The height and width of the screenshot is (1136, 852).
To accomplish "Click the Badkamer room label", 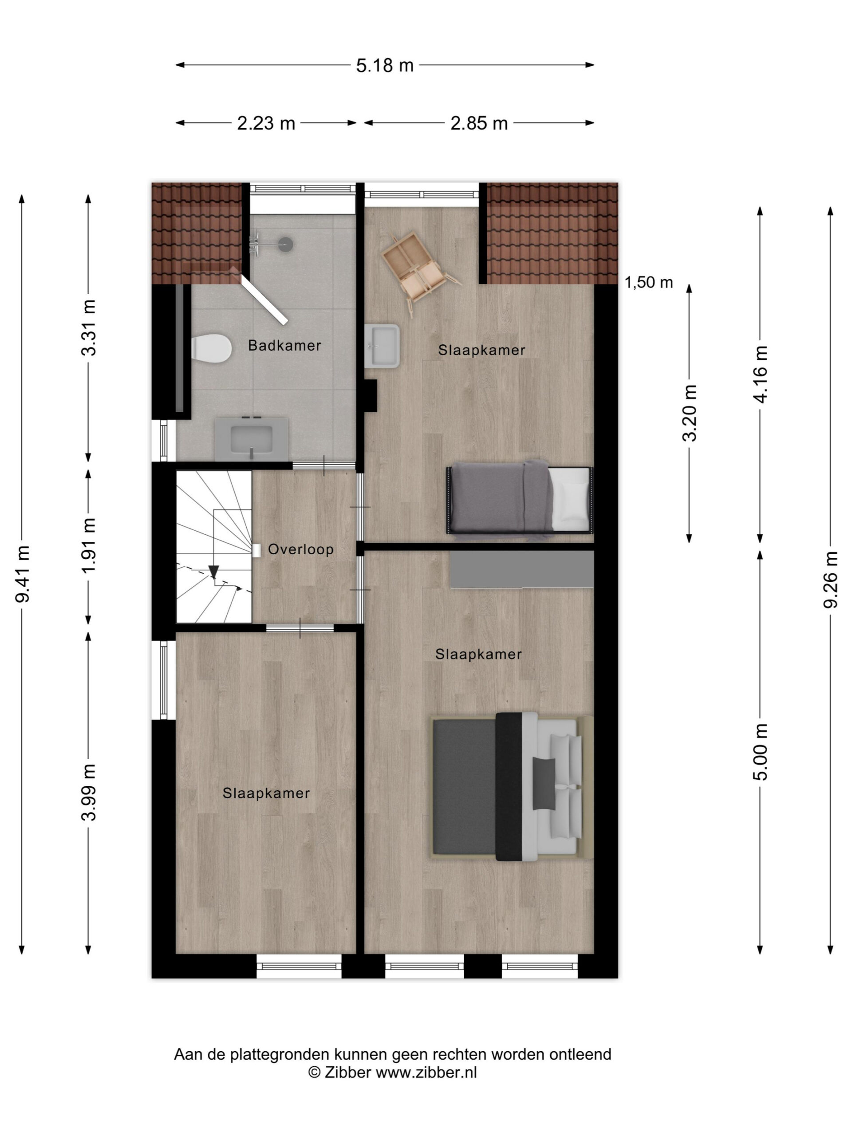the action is click(x=284, y=345).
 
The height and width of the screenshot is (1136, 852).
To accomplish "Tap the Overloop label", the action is click(x=300, y=549).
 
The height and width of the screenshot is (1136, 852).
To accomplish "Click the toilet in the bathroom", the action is click(x=211, y=348).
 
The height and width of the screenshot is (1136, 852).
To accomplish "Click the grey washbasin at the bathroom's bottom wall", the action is click(x=251, y=438).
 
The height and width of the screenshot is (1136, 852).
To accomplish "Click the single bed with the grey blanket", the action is click(x=520, y=499).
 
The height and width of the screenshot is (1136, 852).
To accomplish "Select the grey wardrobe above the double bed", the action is click(x=521, y=569).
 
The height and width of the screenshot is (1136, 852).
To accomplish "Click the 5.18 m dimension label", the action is click(x=385, y=65).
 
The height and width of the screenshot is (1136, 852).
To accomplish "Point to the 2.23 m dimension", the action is click(x=265, y=123).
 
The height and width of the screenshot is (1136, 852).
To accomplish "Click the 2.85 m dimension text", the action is click(x=479, y=123).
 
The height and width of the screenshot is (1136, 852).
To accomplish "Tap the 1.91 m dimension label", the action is click(x=89, y=546).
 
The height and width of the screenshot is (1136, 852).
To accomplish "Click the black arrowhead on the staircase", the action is click(x=213, y=572).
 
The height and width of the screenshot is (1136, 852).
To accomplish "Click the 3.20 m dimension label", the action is click(x=690, y=413).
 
